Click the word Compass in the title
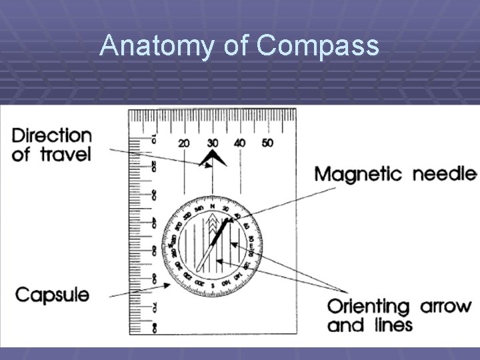click(317, 46)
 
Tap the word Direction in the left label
click(52, 135)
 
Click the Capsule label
click(52, 294)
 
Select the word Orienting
click(368, 307)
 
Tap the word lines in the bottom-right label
click(394, 326)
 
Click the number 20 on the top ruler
click(184, 143)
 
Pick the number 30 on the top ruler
click(212, 143)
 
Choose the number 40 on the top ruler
click(239, 143)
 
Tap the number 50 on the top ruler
click(267, 143)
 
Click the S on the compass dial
click(212, 285)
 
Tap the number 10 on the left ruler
click(153, 139)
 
